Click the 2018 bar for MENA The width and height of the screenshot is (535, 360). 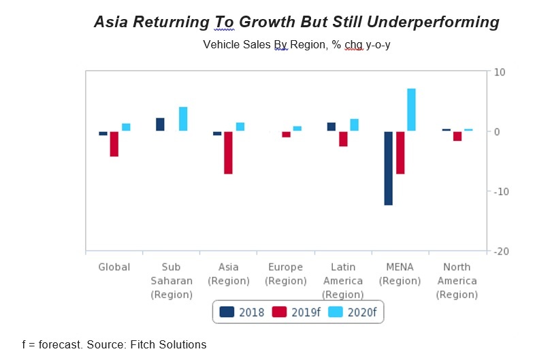388,167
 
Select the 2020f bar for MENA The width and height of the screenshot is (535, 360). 411,110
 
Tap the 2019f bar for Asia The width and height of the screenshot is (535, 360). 228,152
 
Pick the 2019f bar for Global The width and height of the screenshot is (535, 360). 114,144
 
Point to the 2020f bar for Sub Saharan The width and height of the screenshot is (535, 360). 183,119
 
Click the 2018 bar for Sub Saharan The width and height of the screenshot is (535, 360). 160,124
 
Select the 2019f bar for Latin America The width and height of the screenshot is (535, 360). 343,139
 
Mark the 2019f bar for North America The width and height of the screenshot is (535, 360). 457,136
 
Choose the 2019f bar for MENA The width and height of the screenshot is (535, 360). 400,152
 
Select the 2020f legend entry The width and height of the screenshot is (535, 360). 354,312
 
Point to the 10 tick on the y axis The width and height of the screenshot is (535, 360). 499,72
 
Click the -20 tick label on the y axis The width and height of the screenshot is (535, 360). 500,252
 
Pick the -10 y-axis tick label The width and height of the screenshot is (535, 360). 500,191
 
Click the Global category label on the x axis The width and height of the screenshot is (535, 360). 114,267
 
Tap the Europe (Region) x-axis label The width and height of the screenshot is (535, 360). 285,274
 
